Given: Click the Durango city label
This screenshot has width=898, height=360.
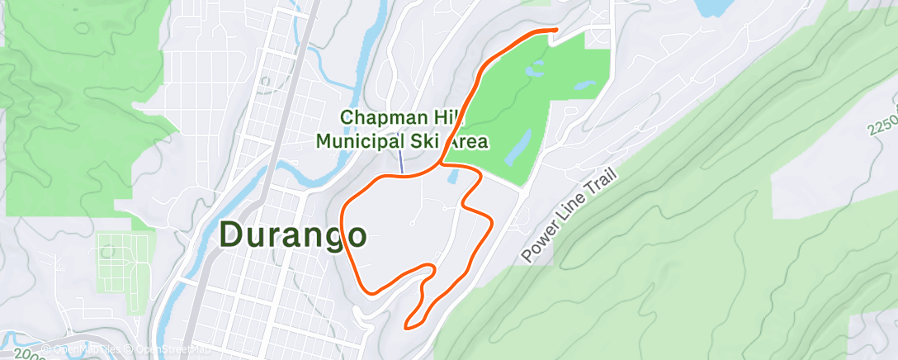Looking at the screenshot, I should [293, 235].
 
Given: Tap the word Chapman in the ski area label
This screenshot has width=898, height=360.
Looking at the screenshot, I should [381, 119].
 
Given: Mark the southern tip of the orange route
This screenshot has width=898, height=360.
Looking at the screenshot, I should [405, 327].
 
